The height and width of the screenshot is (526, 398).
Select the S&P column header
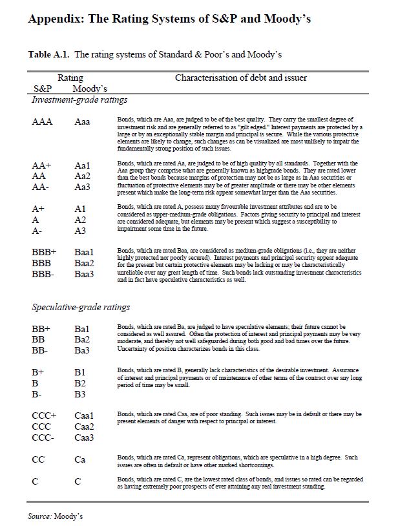(x=42, y=88)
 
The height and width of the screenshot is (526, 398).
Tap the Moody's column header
(x=90, y=88)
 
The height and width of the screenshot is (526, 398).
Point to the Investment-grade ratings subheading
(x=79, y=100)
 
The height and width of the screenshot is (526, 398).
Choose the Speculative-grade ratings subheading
(x=81, y=307)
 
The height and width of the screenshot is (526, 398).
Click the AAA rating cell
(x=43, y=121)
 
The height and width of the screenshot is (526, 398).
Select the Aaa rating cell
(x=83, y=121)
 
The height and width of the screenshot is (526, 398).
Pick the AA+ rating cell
(x=42, y=165)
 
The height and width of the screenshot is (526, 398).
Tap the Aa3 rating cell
(x=83, y=186)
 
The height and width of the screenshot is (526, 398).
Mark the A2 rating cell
(x=81, y=220)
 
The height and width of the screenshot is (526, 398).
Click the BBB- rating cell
(x=45, y=274)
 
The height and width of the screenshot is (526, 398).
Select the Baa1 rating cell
(x=85, y=252)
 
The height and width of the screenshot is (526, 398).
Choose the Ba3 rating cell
(x=82, y=350)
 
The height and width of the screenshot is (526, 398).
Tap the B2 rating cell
(x=80, y=383)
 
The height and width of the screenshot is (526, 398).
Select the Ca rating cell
(x=80, y=459)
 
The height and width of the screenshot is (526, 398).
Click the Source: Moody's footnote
(x=56, y=516)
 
